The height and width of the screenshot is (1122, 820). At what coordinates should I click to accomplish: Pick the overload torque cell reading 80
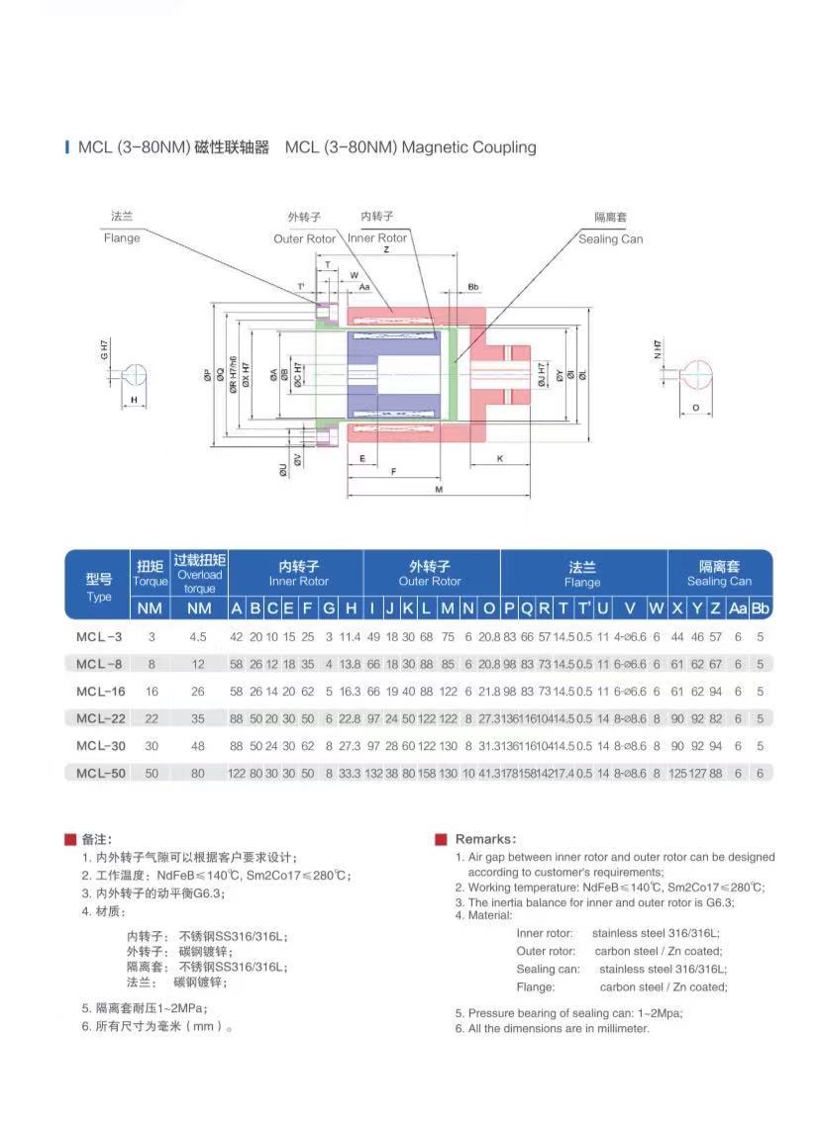pos(198,773)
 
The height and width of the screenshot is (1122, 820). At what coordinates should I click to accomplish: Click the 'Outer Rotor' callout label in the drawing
pos(304,238)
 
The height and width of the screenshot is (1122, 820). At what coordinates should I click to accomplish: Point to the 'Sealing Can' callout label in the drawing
pos(610,238)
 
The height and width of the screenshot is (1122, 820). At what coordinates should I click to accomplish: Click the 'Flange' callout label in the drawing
pos(122,237)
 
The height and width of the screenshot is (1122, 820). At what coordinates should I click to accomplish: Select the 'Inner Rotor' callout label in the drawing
pos(377,237)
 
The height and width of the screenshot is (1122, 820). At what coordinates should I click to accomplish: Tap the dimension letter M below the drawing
pos(438,490)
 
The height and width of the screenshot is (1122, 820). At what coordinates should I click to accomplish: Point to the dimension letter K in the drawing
pos(499,458)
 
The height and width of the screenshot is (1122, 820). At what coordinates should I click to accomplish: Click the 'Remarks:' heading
pos(485,839)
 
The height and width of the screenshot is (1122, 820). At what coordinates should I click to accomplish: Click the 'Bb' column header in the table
pos(760,608)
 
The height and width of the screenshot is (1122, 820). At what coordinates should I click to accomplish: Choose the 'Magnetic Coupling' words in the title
pos(469,147)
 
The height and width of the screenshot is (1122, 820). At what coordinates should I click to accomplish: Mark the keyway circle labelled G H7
pos(135,375)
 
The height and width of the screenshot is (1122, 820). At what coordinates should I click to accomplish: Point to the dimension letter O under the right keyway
pos(695,407)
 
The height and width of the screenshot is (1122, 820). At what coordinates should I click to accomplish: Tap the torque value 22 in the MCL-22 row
pos(152,718)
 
